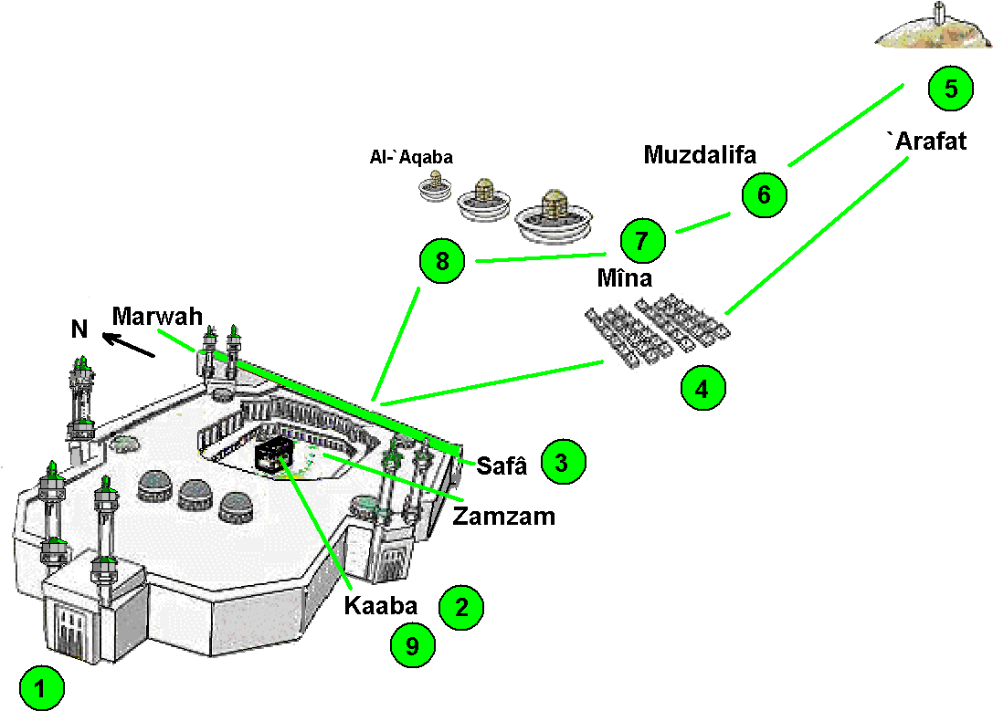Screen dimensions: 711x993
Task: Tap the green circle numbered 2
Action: (x=460, y=607)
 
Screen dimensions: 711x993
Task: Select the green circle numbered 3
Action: (x=562, y=462)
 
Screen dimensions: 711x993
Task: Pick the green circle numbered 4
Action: (x=702, y=389)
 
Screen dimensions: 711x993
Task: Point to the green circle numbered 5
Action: (x=950, y=89)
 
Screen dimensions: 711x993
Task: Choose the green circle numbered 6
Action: (x=764, y=194)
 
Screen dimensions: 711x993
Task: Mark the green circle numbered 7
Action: (x=641, y=241)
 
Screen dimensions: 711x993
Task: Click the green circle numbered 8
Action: (x=442, y=263)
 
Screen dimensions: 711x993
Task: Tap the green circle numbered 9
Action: (x=413, y=646)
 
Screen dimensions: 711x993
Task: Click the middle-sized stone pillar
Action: (x=482, y=200)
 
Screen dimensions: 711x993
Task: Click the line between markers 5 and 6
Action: (x=846, y=125)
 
